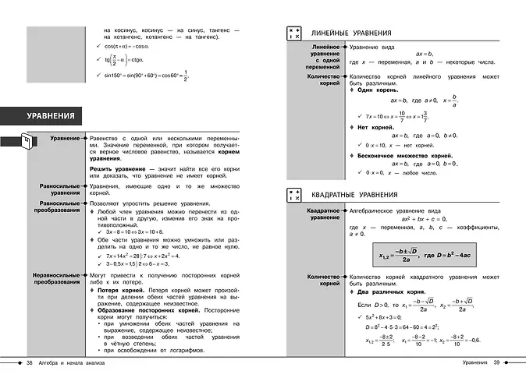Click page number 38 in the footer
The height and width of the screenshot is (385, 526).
[x=30, y=364]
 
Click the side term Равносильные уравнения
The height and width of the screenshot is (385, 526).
[x=59, y=190]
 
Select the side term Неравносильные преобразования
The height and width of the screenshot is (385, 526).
[x=55, y=278]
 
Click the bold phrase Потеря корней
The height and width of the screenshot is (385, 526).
[x=122, y=289]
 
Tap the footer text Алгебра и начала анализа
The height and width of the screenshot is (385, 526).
[x=75, y=364]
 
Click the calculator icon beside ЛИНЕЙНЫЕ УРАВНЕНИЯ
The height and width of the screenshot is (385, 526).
[x=295, y=34]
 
